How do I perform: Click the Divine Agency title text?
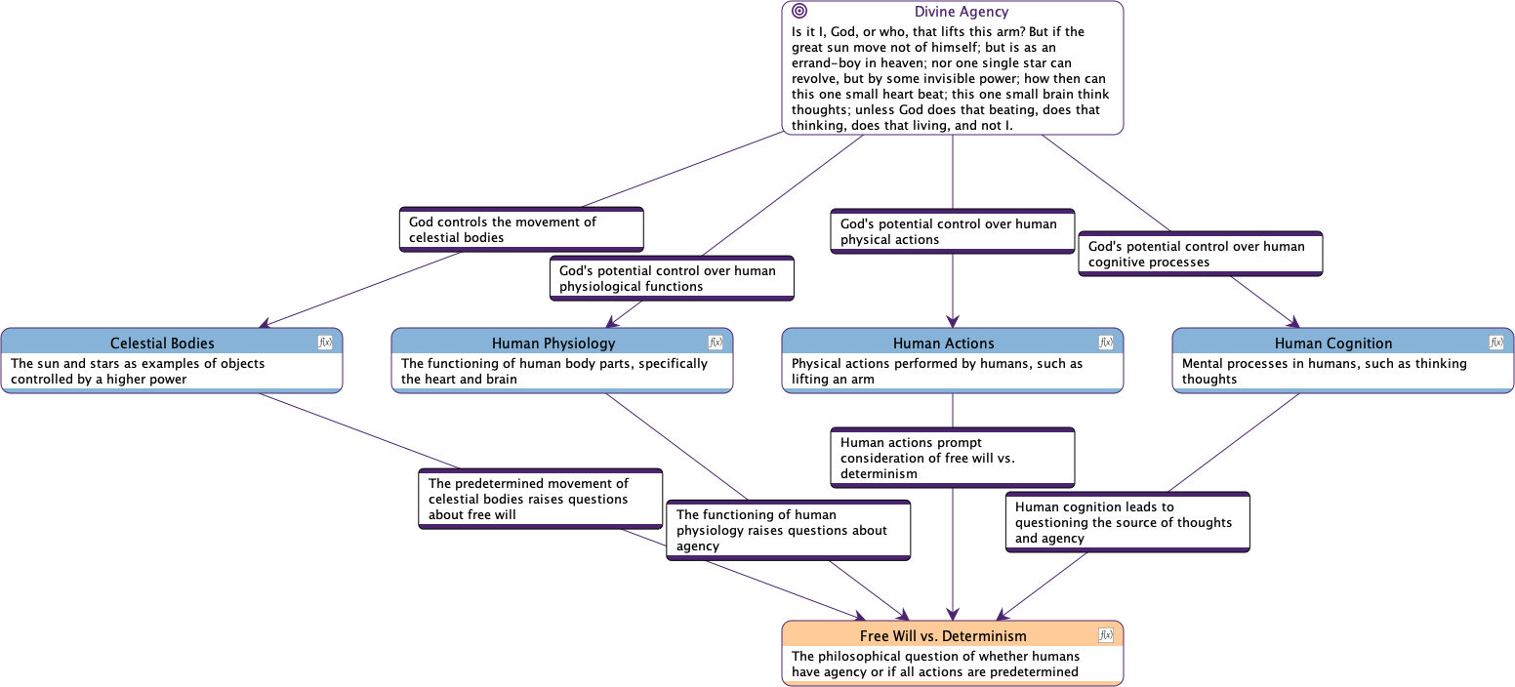[x=961, y=12]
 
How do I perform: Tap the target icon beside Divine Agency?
[x=799, y=12]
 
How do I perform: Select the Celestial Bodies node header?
[x=162, y=343]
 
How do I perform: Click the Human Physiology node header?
[x=553, y=343]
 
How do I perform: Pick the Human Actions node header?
[x=943, y=343]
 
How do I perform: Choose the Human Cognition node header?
[x=1333, y=343]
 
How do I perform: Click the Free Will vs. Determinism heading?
[x=943, y=635]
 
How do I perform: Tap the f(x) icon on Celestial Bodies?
[x=325, y=343]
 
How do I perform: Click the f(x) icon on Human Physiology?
[x=716, y=343]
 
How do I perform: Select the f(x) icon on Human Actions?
[x=1106, y=343]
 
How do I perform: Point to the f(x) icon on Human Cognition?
[x=1496, y=343]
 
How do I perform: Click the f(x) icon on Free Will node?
[x=1106, y=635]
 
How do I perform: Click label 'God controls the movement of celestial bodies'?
[x=521, y=229]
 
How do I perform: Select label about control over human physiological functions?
[x=672, y=278]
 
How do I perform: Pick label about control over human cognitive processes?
[x=1200, y=254]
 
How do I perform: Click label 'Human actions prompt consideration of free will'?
[x=952, y=458]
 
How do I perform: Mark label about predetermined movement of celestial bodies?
[x=540, y=499]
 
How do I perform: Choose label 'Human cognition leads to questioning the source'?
[x=1127, y=522]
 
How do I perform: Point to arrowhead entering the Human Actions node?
[x=953, y=321]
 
